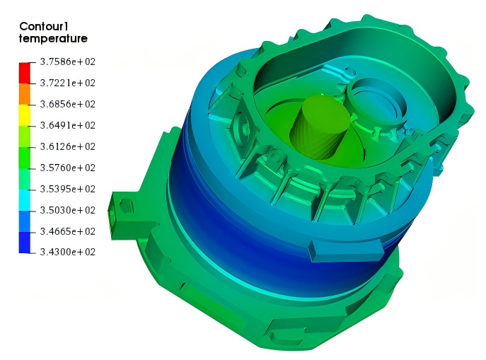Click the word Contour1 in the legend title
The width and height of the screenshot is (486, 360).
43,26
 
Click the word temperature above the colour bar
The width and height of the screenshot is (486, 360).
53,39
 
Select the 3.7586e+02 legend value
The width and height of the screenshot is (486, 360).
68,62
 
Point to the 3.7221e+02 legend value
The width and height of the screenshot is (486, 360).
68,83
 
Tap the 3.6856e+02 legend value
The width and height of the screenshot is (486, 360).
68,104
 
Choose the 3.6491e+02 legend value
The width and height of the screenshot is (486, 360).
68,125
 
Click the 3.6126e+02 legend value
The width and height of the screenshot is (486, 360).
68,146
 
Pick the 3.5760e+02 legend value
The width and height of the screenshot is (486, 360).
68,168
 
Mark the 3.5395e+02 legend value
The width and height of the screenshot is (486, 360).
68,189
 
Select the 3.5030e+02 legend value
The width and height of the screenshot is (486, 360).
68,210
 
